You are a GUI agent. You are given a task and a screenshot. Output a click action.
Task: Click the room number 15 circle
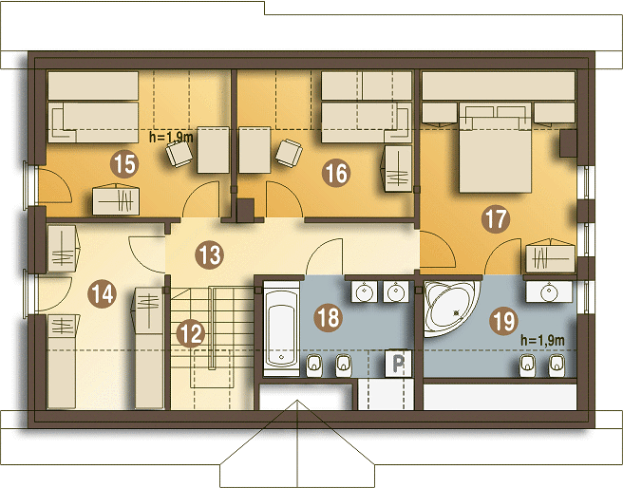[x=124, y=164]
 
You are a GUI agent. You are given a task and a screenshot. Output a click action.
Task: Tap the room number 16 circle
[x=336, y=173]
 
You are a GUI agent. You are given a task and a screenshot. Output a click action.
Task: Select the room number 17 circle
[x=496, y=218]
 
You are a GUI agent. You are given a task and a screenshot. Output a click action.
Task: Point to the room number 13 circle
[x=209, y=255]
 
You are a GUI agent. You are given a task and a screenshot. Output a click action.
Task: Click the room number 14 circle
[x=103, y=294]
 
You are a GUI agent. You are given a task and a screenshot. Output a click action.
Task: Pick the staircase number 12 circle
[x=191, y=333]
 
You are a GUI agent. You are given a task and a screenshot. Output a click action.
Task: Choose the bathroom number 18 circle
[x=329, y=318]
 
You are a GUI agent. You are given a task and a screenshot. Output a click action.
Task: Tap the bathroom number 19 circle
[x=503, y=321]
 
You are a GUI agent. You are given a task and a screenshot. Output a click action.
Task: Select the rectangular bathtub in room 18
[x=282, y=328]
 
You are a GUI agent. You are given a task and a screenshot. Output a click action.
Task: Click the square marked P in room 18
[x=399, y=363]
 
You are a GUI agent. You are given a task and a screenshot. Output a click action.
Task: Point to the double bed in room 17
[x=496, y=147]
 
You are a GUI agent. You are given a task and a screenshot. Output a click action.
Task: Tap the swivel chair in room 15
[x=179, y=154]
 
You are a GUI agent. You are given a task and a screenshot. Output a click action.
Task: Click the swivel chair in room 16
[x=289, y=153]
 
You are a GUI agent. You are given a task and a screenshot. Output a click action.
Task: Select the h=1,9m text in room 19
[x=542, y=340]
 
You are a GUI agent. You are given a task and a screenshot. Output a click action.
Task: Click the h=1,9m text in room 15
[x=171, y=138]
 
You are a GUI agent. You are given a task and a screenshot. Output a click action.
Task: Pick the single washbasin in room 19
[x=549, y=291]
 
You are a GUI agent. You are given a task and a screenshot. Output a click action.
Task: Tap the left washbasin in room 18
[x=364, y=291]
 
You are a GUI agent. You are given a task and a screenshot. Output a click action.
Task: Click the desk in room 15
[x=214, y=150]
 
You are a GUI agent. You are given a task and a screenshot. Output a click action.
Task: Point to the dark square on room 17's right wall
[x=568, y=143]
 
